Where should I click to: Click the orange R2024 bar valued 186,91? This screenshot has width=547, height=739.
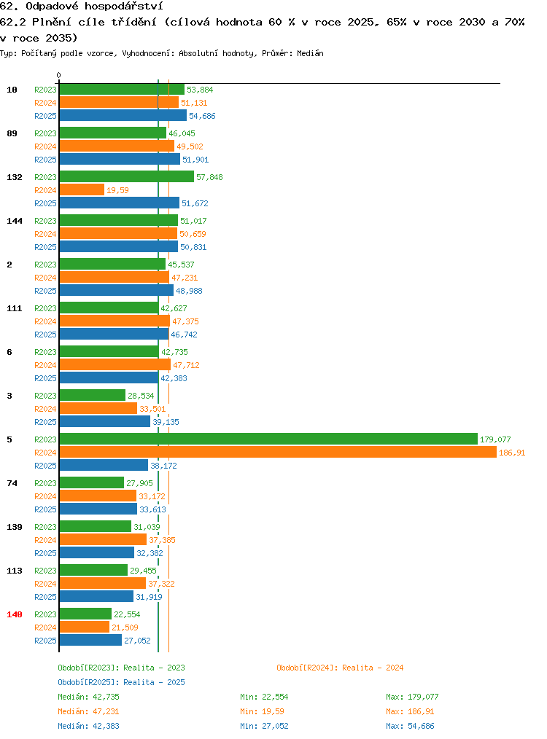coord(278,453)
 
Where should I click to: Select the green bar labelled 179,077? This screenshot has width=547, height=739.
coord(269,439)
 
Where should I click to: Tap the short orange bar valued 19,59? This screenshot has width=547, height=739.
coord(82,190)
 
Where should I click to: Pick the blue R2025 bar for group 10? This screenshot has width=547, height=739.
coord(123,115)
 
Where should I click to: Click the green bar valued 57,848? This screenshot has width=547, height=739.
coord(127,177)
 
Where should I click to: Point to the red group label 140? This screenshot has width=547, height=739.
coord(15,614)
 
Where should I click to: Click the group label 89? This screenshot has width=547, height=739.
coord(12,133)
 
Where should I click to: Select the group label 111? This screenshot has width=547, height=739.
coord(15,308)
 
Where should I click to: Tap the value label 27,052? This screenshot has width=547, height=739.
coord(137,641)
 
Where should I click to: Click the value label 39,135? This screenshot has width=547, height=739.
coord(166,422)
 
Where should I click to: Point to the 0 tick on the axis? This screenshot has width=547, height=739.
coord(58,75)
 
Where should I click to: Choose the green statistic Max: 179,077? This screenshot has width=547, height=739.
coord(412,697)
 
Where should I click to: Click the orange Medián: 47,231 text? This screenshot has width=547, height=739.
coord(88,711)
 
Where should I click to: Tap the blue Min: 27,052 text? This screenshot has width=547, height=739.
coord(264,726)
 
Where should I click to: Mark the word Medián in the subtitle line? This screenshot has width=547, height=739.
coord(310,53)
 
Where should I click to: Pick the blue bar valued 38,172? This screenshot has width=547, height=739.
coord(104,466)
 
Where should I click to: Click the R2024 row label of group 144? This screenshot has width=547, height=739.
coord(45,234)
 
